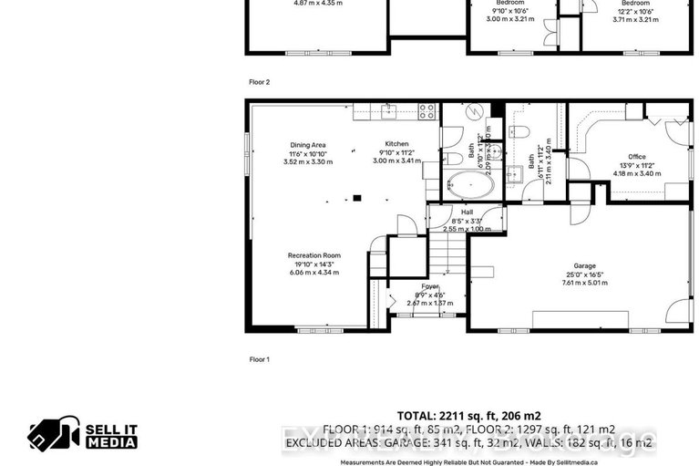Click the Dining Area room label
(x=307, y=145)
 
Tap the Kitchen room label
(x=396, y=145)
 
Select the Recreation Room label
(x=314, y=255)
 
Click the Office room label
(x=635, y=157)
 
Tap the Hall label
(x=466, y=212)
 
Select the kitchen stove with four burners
(x=426, y=111)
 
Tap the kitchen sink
(x=388, y=112)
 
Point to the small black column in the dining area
(x=357, y=196)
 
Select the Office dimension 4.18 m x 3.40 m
(x=635, y=173)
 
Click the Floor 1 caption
(x=260, y=359)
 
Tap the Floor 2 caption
(x=260, y=81)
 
